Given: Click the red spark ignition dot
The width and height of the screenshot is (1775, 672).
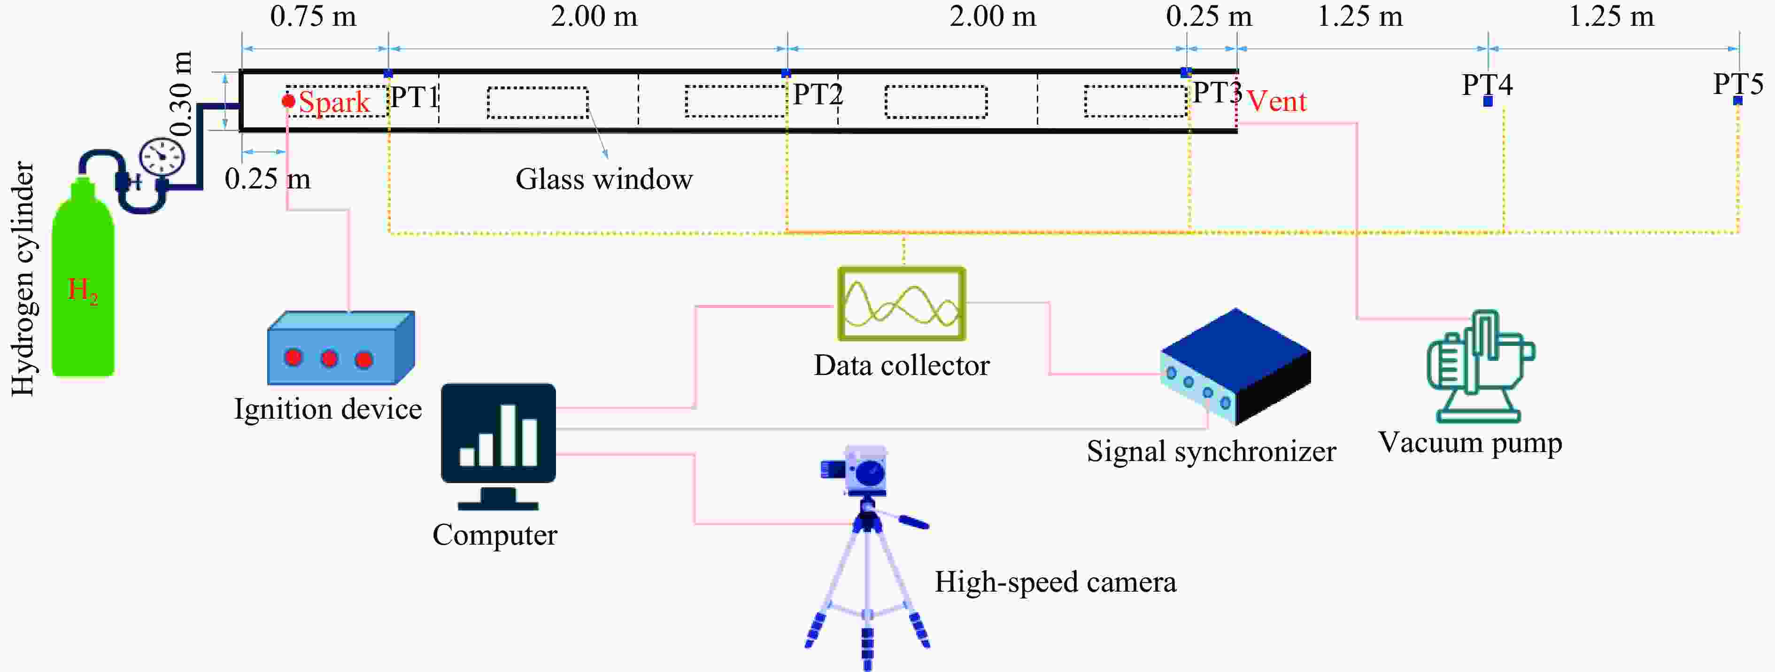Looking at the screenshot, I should tap(288, 102).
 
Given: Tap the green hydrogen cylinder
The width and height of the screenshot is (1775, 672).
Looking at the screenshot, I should tap(83, 282).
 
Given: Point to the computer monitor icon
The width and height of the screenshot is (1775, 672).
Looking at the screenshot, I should tap(498, 434).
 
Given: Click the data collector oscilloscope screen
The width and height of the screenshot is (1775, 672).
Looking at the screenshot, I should tap(901, 304).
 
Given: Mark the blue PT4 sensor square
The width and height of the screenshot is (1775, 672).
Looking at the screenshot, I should tap(1488, 102).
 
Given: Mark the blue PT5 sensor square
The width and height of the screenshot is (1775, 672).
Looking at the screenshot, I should tap(1738, 101).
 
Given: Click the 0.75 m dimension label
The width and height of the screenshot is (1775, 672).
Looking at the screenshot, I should tap(314, 16).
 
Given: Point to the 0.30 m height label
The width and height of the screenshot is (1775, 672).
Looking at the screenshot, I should tap(180, 94).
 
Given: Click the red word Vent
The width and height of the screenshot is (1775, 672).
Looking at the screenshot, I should tap(1276, 102).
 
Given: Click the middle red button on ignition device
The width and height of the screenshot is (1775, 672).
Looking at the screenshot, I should tap(329, 358).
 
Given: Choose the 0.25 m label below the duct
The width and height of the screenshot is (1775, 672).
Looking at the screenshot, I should tap(267, 179).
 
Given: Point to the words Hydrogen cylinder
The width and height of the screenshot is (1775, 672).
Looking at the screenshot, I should tap(23, 279).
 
